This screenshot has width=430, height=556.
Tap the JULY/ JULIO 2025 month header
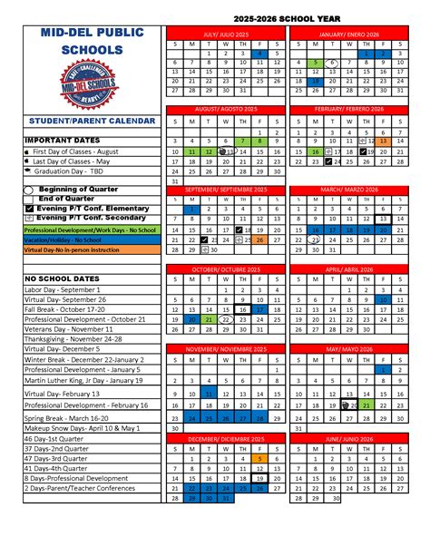[224, 32]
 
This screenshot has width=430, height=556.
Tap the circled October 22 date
[226, 319]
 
